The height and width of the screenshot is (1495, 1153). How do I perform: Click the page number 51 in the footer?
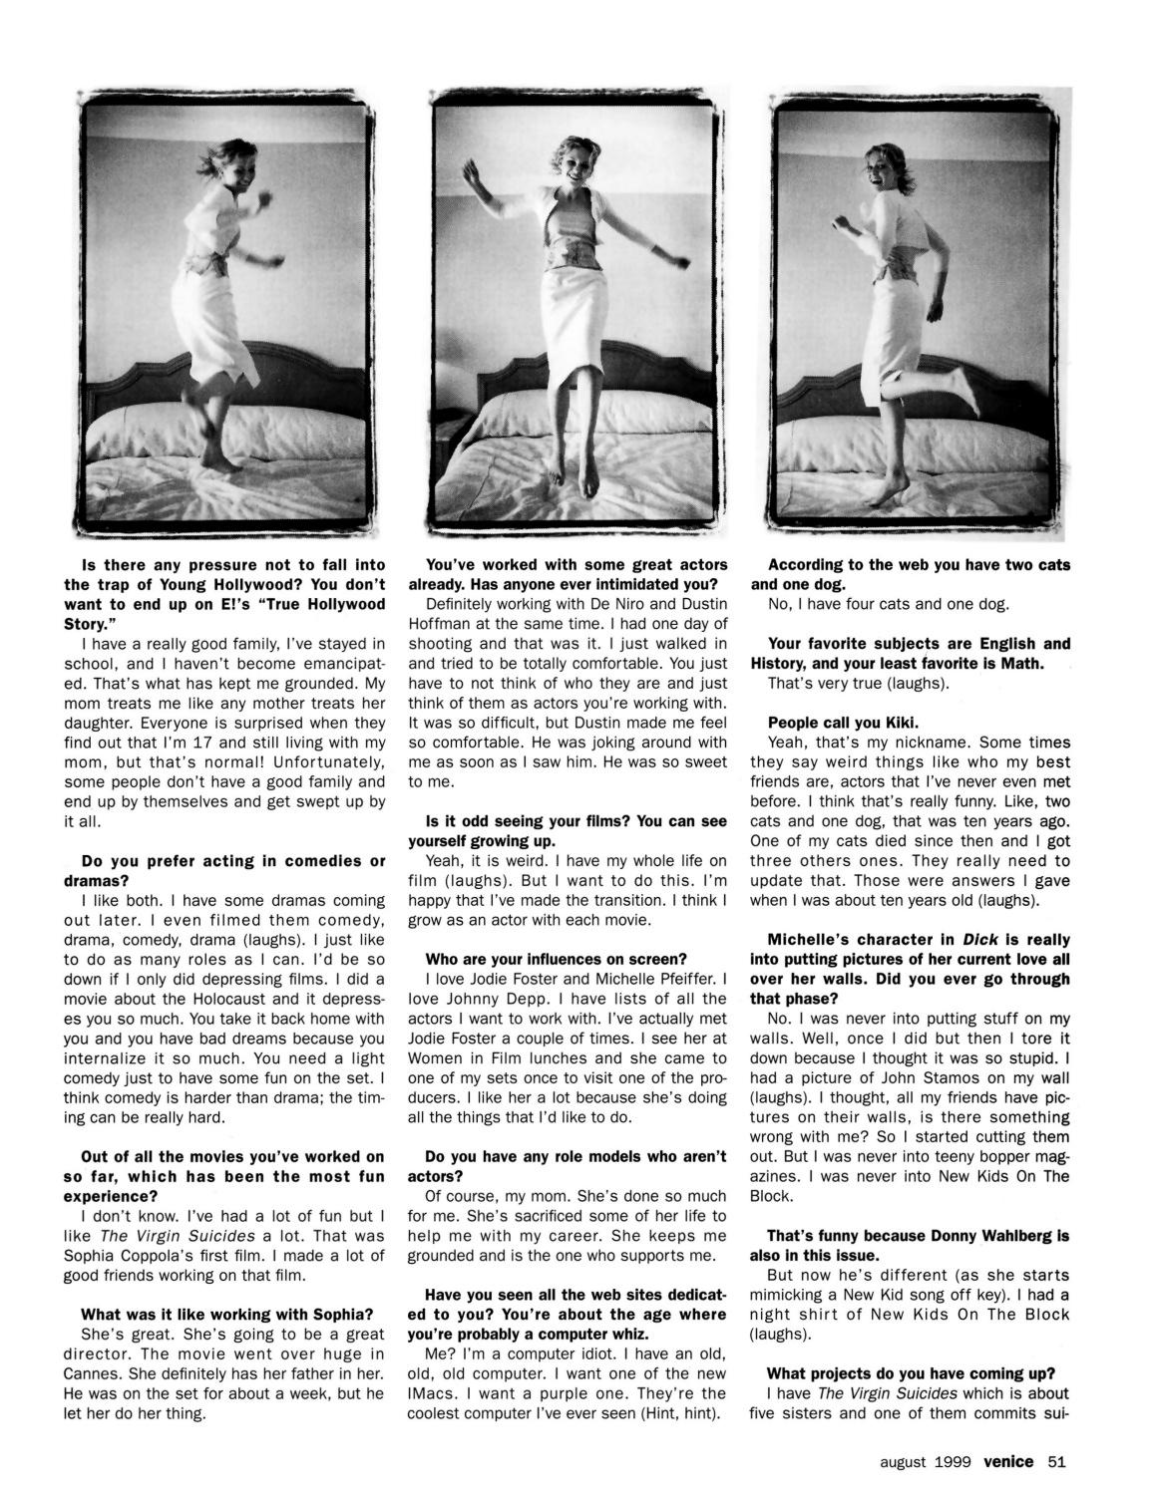pos(1057,1463)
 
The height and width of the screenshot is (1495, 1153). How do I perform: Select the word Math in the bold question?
pos(1021,664)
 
